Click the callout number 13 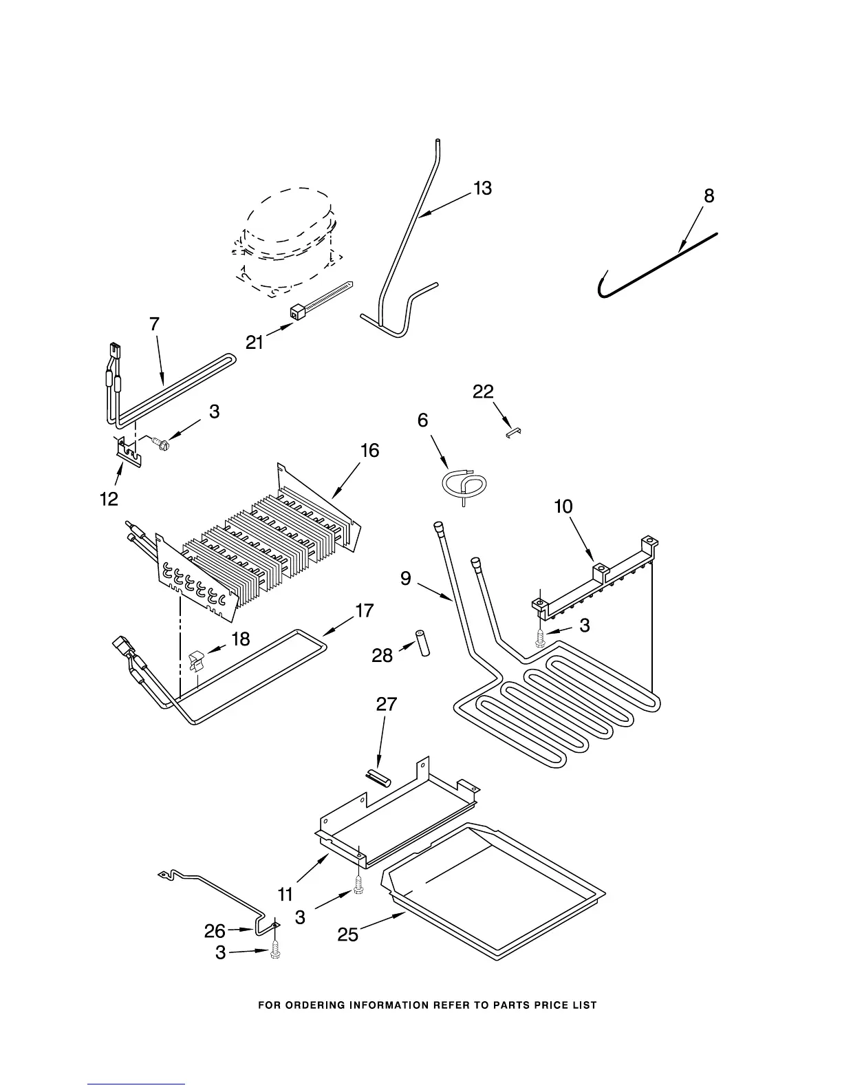(x=482, y=188)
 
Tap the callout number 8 (x=709, y=196)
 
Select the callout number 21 (x=255, y=342)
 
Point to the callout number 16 (x=369, y=451)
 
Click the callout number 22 (x=483, y=392)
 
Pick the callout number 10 (x=563, y=507)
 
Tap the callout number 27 (x=387, y=704)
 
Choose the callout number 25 (x=348, y=934)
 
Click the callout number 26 (x=215, y=931)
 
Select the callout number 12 (x=109, y=499)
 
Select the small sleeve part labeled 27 (x=378, y=778)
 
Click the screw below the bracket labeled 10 (x=541, y=639)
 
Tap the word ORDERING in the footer (x=318, y=1005)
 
